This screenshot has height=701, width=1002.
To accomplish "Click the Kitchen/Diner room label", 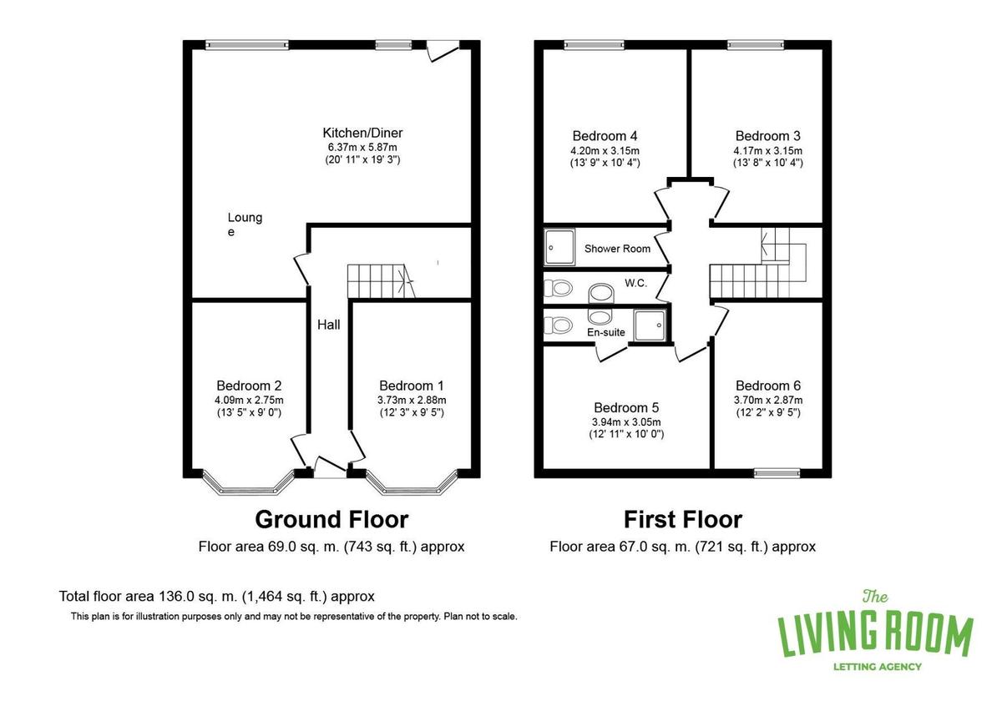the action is click(x=362, y=133).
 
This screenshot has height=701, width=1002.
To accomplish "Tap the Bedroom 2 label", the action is click(x=249, y=386).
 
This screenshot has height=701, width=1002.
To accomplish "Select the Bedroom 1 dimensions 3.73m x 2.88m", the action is click(x=412, y=400).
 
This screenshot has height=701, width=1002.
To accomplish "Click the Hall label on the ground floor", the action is click(x=329, y=325).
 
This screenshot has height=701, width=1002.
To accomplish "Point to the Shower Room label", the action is click(x=617, y=249).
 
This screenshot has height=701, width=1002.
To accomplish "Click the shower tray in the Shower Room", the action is click(x=559, y=247).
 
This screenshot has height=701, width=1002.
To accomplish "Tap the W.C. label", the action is click(x=635, y=283).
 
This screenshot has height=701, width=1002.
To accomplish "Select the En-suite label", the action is click(x=605, y=332).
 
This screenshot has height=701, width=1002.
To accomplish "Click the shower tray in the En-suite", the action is click(x=650, y=325).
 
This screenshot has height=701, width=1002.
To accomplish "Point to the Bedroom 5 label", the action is click(x=626, y=407).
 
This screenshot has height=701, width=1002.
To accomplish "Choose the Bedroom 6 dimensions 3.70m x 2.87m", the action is click(x=768, y=400).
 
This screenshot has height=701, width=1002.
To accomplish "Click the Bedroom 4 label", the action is click(x=605, y=136).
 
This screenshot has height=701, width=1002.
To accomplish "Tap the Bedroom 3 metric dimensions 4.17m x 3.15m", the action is click(x=767, y=151).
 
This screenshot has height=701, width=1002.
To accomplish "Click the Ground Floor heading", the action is click(x=331, y=519).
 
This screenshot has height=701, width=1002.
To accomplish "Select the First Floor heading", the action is click(x=683, y=519).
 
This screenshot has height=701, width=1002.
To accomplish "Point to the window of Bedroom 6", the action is click(x=777, y=473).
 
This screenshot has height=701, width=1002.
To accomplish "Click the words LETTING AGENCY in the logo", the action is click(x=878, y=667).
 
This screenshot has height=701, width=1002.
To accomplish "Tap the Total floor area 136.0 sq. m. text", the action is click(x=217, y=597).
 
